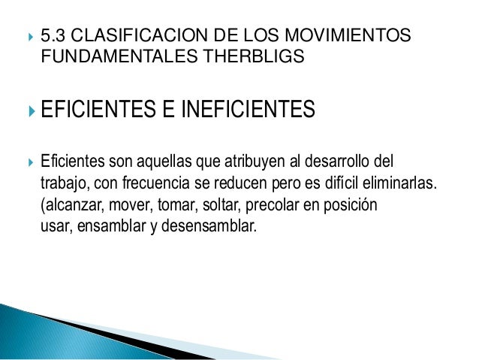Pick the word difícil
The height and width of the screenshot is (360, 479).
click(x=336, y=184)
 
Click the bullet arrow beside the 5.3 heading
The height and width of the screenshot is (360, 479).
click(x=27, y=35)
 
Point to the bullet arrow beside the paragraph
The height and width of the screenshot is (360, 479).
click(x=27, y=162)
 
